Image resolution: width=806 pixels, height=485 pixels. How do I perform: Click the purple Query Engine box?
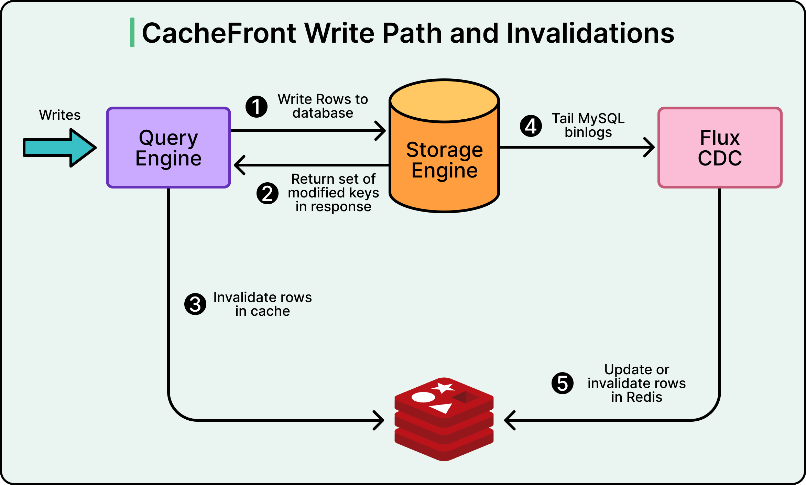coord(168,148)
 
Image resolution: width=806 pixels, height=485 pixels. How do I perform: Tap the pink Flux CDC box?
coord(720,148)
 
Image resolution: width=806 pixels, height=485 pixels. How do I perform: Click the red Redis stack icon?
coord(444,420)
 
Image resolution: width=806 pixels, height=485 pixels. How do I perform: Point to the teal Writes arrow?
coord(58,148)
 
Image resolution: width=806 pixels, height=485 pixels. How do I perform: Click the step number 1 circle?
coord(257,107)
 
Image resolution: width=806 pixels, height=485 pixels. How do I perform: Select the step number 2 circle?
coord(268,193)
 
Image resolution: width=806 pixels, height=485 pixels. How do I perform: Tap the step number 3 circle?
coord(195,304)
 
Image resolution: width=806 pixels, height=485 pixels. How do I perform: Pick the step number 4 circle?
coord(531,126)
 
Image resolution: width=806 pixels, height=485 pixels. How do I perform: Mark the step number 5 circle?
coord(563,383)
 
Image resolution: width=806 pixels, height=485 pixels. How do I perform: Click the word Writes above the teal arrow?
coord(60,115)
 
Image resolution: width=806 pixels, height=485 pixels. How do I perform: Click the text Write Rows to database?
coord(323,106)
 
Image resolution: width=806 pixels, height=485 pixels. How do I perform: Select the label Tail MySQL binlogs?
coord(588,125)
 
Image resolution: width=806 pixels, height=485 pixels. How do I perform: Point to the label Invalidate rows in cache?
coord(262,304)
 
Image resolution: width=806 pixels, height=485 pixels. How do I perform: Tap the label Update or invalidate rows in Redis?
coord(636,383)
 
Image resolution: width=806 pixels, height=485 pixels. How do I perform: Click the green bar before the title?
coord(132,32)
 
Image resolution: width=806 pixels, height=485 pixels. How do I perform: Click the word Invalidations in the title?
coord(590,33)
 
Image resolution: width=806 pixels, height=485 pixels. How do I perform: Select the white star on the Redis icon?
coord(444,388)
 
